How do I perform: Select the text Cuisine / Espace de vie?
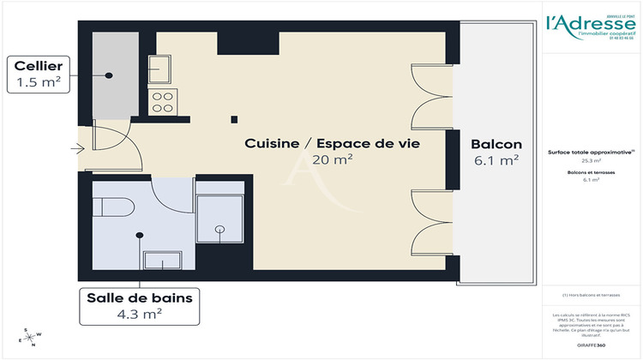click(332, 143)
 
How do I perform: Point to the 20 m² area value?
click(334, 159)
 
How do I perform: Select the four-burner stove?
click(162, 103)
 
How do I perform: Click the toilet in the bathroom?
click(115, 208)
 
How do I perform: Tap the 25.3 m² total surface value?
click(591, 160)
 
